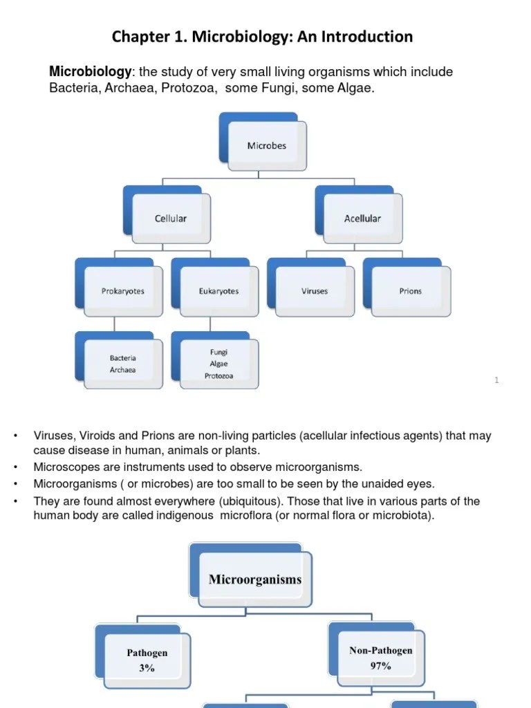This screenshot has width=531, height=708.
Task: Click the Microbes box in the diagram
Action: point(267,146)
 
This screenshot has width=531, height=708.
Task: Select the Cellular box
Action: point(171,218)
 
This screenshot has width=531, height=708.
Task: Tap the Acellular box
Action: point(362,218)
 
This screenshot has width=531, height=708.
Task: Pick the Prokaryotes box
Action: point(123,291)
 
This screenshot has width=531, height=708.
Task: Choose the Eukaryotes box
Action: point(218,291)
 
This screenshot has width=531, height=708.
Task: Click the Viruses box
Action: point(315,291)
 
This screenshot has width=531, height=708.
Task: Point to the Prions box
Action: point(410,291)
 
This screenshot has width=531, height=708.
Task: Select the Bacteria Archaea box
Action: point(123,364)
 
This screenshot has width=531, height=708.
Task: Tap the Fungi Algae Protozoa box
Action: point(218,364)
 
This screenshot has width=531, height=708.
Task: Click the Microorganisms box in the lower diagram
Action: point(255,579)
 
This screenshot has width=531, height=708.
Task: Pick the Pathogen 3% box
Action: point(147,660)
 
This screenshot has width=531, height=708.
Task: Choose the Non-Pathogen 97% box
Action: point(380,658)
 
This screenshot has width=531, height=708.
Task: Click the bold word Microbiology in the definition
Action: point(90,73)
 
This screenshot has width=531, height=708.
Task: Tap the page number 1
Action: point(496,380)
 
